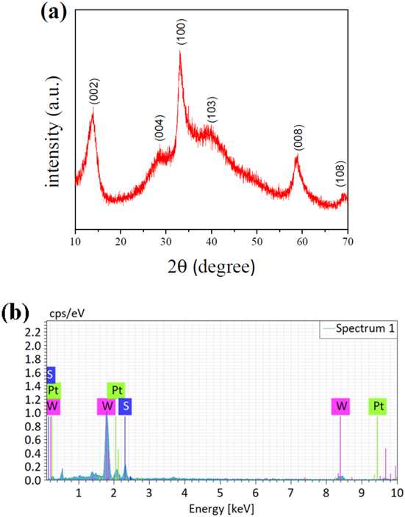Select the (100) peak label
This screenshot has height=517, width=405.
(182, 36)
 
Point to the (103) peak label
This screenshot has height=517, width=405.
(212, 110)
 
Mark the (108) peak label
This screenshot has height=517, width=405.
(340, 175)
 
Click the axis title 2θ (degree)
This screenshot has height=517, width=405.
(210, 266)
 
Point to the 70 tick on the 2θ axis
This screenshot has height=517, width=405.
(345, 240)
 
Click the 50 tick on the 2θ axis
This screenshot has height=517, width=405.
(256, 240)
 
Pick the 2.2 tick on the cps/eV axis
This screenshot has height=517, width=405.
(34, 333)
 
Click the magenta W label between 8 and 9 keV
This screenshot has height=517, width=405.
(341, 405)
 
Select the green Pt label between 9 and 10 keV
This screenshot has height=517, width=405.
(378, 405)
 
